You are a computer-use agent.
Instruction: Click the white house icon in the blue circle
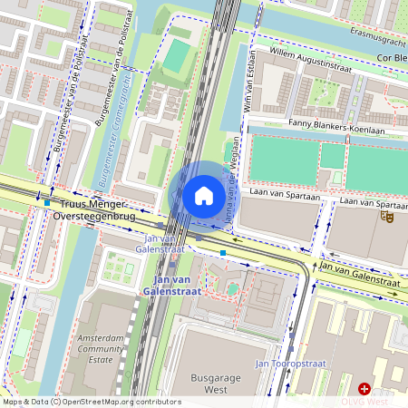(x=204, y=195)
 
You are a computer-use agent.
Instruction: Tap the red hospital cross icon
(x=364, y=388)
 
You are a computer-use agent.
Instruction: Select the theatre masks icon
(x=387, y=216)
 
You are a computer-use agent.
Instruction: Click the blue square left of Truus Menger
(x=47, y=202)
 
